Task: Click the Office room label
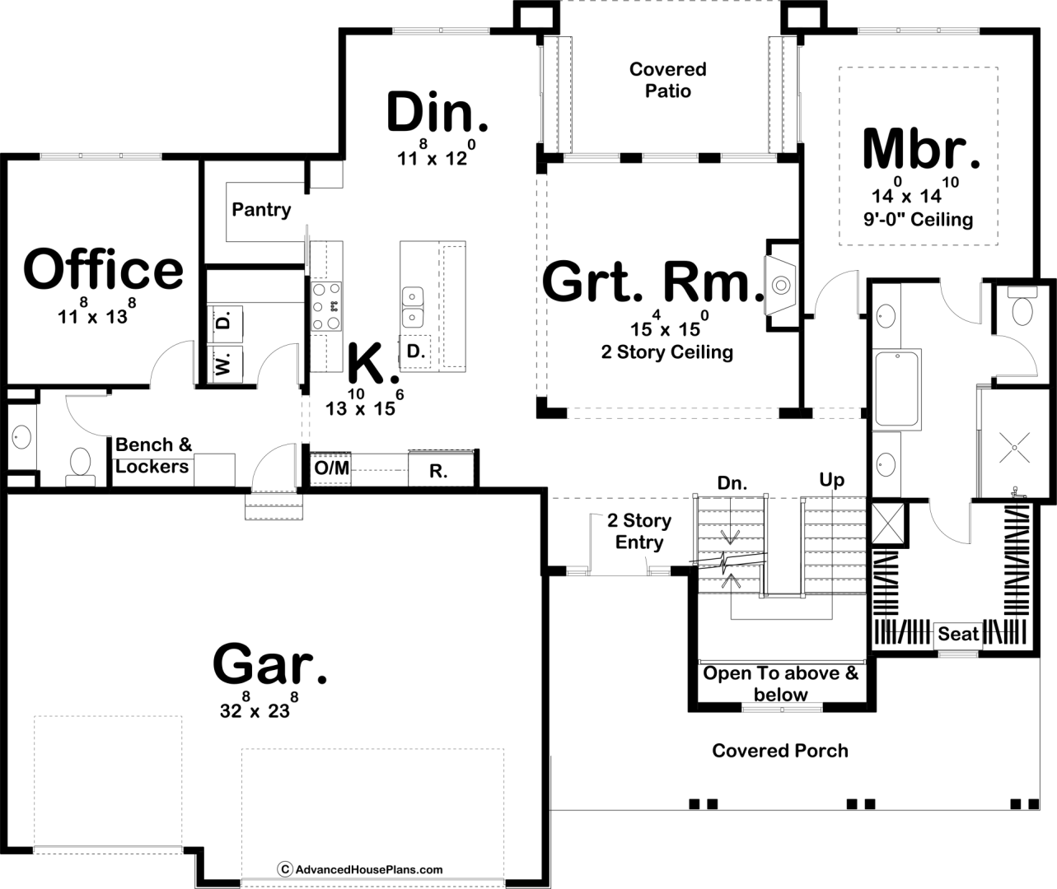click(103, 269)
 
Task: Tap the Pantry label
click(261, 209)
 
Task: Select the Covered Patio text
click(667, 80)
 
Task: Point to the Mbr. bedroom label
click(921, 148)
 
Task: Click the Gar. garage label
click(270, 663)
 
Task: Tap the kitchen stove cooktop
click(326, 306)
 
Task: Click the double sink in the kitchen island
click(413, 308)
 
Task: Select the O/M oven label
click(331, 468)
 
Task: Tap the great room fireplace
click(781, 286)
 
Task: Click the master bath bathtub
click(897, 389)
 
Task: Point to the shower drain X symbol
click(1014, 447)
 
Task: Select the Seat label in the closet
click(958, 634)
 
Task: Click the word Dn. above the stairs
click(732, 484)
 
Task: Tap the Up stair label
click(832, 480)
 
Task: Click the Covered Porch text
click(780, 751)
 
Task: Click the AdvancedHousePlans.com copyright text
click(360, 870)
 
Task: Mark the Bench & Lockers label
click(153, 455)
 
